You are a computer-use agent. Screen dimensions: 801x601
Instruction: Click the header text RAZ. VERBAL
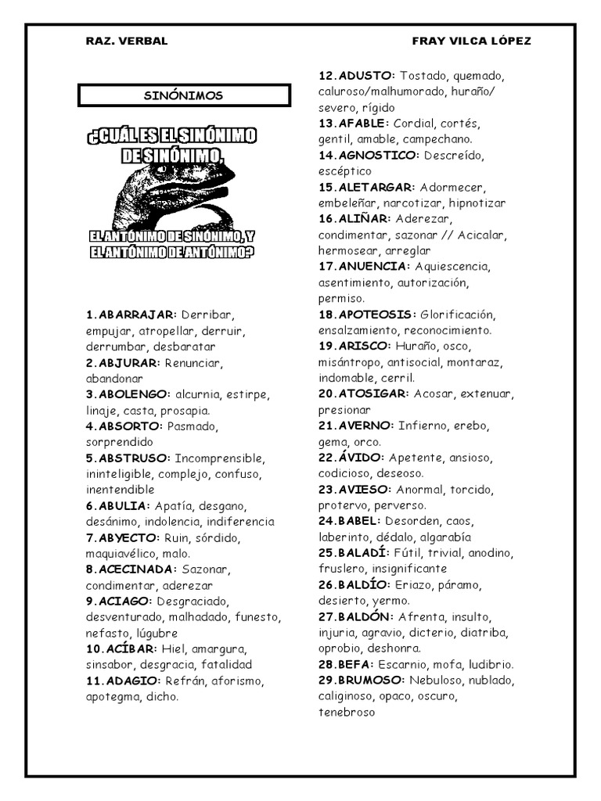point(126,41)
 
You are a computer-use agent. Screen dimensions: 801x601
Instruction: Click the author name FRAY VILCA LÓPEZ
point(471,41)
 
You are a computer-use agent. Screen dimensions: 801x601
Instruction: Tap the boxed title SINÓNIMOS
point(184,95)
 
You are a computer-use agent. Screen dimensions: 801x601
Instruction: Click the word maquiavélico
point(121,554)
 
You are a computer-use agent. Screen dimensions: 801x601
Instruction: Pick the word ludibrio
point(488,665)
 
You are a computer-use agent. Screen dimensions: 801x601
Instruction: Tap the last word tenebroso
point(347,713)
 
